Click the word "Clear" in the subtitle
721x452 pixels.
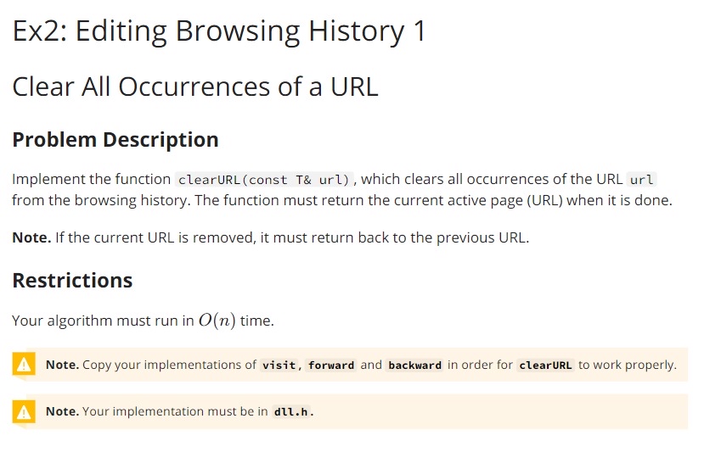(42, 86)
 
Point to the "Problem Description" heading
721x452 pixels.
(115, 139)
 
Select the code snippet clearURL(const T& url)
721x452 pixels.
(264, 180)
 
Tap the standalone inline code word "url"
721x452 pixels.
(641, 180)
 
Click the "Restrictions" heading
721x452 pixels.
(72, 280)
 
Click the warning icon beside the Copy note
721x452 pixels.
(25, 365)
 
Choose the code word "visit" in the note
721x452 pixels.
(279, 366)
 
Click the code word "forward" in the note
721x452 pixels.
(331, 366)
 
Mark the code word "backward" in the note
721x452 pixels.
(414, 366)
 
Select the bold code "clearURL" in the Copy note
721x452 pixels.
(545, 366)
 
